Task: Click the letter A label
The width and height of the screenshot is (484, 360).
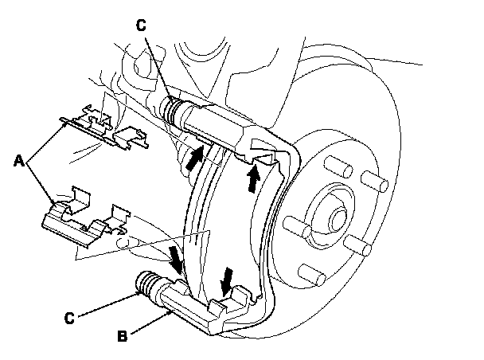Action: pyautogui.click(x=18, y=161)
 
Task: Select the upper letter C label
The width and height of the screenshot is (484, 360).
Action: pyautogui.click(x=140, y=25)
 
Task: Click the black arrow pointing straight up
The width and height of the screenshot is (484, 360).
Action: pyautogui.click(x=252, y=176)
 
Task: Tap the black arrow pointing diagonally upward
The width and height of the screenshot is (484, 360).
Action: pyautogui.click(x=193, y=157)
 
